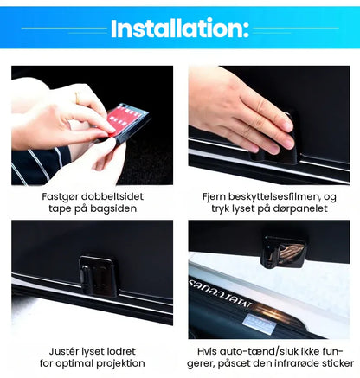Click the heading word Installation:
(180, 29)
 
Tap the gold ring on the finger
(77, 98)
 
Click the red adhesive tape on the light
(121, 119)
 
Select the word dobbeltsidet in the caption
(112, 196)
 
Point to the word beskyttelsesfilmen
(274, 196)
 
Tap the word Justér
(63, 351)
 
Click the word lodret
(121, 351)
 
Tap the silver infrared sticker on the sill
(260, 324)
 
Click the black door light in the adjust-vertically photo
(98, 276)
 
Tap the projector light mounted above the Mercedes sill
(284, 252)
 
